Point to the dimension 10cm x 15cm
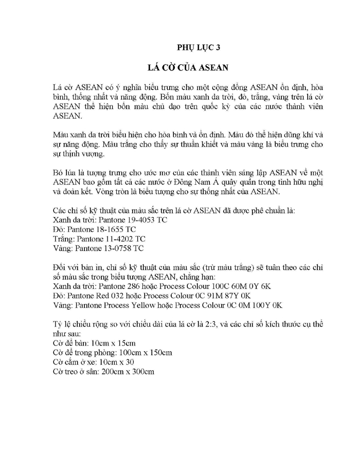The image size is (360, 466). pyautogui.click(x=113, y=343)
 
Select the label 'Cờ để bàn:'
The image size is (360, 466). pyautogui.click(x=70, y=343)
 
